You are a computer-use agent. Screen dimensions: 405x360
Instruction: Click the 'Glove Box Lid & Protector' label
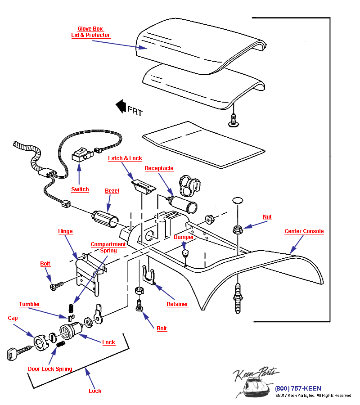(x=90, y=32)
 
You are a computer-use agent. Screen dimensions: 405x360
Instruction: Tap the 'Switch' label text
(x=80, y=189)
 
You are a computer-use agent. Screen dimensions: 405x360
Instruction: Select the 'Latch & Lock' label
(x=125, y=158)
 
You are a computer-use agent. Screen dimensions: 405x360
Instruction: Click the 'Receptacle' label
(x=159, y=168)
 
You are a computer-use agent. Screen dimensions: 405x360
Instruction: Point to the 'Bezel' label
(x=112, y=191)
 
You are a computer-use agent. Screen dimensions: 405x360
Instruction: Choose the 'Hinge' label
(x=65, y=231)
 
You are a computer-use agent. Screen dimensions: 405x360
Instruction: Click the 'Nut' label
(x=267, y=217)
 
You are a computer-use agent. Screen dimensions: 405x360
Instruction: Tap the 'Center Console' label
(x=304, y=231)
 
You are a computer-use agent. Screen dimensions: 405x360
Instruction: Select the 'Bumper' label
(x=184, y=237)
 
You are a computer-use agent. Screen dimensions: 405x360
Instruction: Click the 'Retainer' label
(x=177, y=304)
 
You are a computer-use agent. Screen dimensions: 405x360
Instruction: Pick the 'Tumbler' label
(x=30, y=304)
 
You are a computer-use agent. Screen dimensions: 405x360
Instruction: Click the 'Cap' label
(x=13, y=318)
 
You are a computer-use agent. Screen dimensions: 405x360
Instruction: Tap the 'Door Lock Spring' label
(x=50, y=369)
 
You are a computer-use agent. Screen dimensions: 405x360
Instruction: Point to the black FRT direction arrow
(x=121, y=107)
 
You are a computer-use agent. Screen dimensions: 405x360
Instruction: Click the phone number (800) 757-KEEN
(x=298, y=388)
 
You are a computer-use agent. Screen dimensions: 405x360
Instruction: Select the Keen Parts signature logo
(x=254, y=376)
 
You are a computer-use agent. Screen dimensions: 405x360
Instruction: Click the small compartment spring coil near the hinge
(x=71, y=309)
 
